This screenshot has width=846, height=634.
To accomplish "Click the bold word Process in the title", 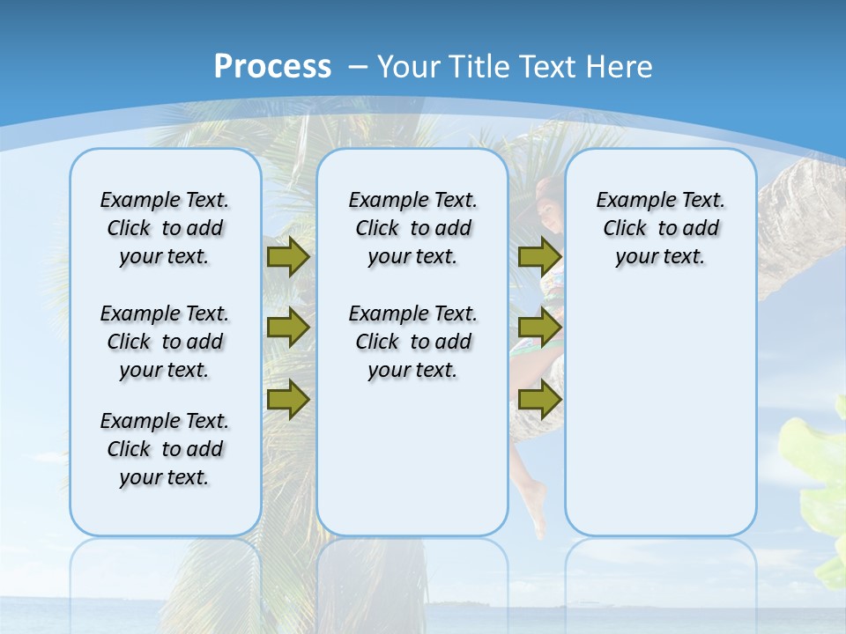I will pyautogui.click(x=272, y=66).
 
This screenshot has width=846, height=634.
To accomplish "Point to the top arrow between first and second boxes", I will pyautogui.click(x=288, y=257).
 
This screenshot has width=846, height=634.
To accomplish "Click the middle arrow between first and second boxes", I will pyautogui.click(x=288, y=328).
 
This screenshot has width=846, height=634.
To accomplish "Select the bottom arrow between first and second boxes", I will pyautogui.click(x=288, y=399).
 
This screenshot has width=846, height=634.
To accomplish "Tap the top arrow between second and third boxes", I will pyautogui.click(x=539, y=257).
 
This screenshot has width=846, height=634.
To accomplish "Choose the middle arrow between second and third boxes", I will pyautogui.click(x=539, y=328).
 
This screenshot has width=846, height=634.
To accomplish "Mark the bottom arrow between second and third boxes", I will pyautogui.click(x=539, y=400).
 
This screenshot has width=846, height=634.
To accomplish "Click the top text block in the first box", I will pyautogui.click(x=165, y=228).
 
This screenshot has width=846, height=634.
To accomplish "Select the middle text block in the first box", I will pyautogui.click(x=165, y=342).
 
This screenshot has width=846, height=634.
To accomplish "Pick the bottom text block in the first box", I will pyautogui.click(x=165, y=449).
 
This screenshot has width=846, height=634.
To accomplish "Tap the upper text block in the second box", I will pyautogui.click(x=413, y=228).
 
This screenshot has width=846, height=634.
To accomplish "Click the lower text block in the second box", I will pyautogui.click(x=413, y=342).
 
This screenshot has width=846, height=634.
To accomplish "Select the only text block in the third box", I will pyautogui.click(x=661, y=228).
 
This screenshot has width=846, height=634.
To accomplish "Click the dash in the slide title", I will pyautogui.click(x=358, y=67).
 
